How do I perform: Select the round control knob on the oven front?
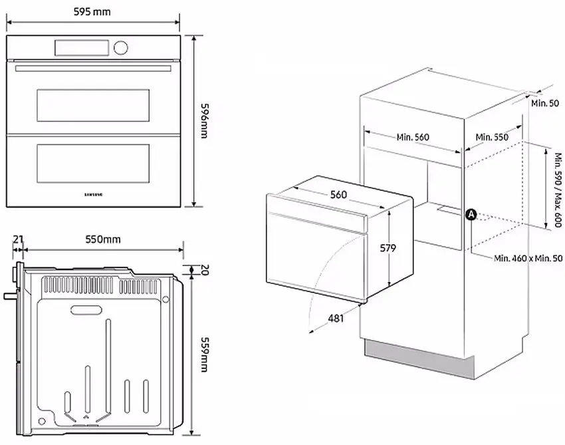tap(121, 47)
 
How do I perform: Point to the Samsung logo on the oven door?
tap(93, 194)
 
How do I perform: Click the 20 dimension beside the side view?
tap(205, 269)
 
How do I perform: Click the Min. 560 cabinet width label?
tap(413, 137)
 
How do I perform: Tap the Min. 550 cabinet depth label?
tap(493, 137)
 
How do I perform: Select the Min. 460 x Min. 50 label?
tap(528, 257)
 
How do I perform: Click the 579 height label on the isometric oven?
tap(388, 248)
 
